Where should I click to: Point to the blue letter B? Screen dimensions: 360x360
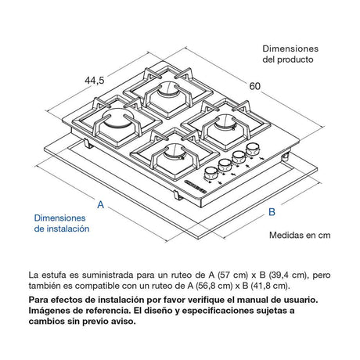tap(272, 212)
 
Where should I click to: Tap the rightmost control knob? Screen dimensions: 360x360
tap(252, 148)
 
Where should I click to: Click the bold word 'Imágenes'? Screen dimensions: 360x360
tap(50, 311)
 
